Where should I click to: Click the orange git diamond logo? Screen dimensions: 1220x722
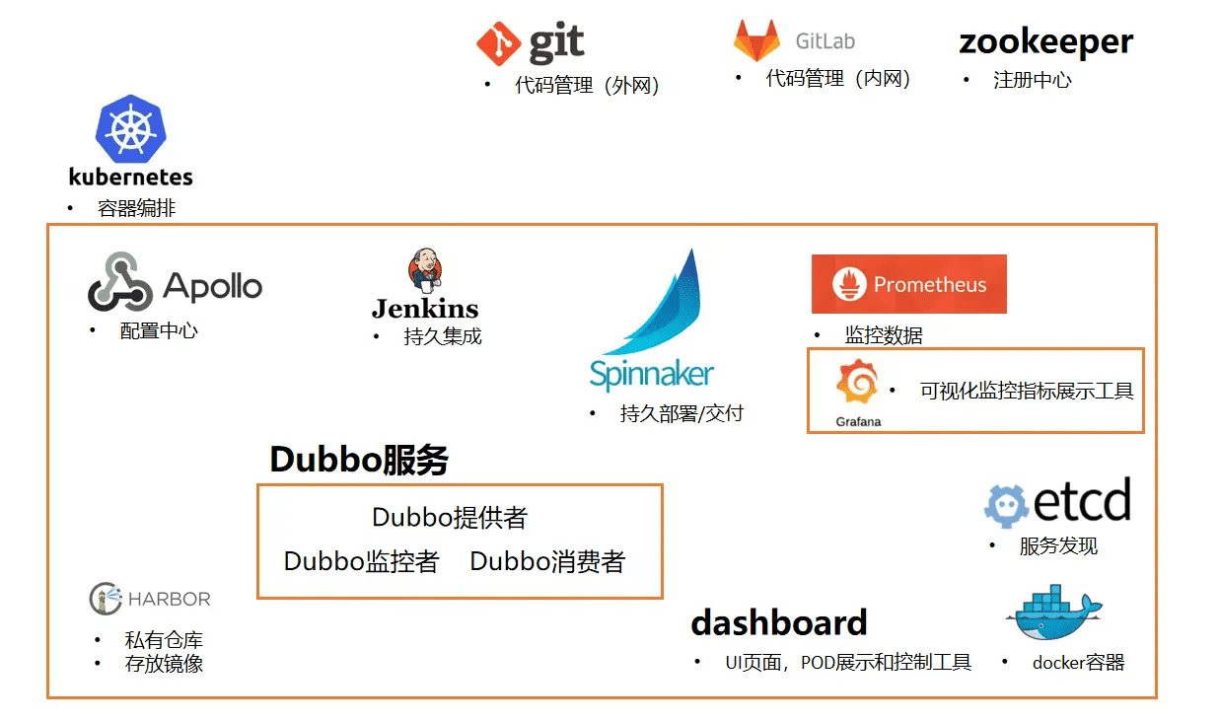498,43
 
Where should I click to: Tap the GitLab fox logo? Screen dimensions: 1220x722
756,40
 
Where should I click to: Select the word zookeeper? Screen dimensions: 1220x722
1045,42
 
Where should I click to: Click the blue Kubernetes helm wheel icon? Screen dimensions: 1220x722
131,129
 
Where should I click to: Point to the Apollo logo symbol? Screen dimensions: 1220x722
119,281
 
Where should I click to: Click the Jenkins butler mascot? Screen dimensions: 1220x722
425,269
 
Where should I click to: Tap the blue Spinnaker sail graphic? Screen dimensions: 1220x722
655,302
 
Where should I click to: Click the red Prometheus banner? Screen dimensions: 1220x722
909,284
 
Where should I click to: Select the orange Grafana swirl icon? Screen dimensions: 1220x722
857,381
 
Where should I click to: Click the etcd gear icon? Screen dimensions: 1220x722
1006,506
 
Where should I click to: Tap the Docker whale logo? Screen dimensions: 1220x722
1054,612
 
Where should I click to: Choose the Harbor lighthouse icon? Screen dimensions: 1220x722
106,599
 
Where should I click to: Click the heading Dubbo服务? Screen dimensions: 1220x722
359,460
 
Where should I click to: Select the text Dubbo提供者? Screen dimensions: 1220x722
450,517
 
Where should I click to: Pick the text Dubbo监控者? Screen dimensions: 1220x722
361,561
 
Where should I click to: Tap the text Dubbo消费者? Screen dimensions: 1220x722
547,561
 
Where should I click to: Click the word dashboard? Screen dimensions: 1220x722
779,622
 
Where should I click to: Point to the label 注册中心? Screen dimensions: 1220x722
1032,80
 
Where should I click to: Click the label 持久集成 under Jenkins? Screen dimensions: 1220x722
443,336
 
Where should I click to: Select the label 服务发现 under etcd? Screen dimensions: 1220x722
1058,545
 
